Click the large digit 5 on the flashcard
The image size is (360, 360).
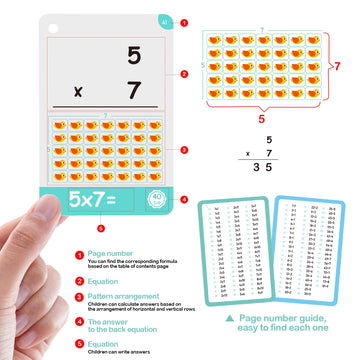[133, 56]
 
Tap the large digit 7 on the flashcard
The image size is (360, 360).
[133, 89]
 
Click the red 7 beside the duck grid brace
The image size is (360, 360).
[337, 66]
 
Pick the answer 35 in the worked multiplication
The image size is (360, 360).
[264, 169]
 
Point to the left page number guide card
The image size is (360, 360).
[235, 249]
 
